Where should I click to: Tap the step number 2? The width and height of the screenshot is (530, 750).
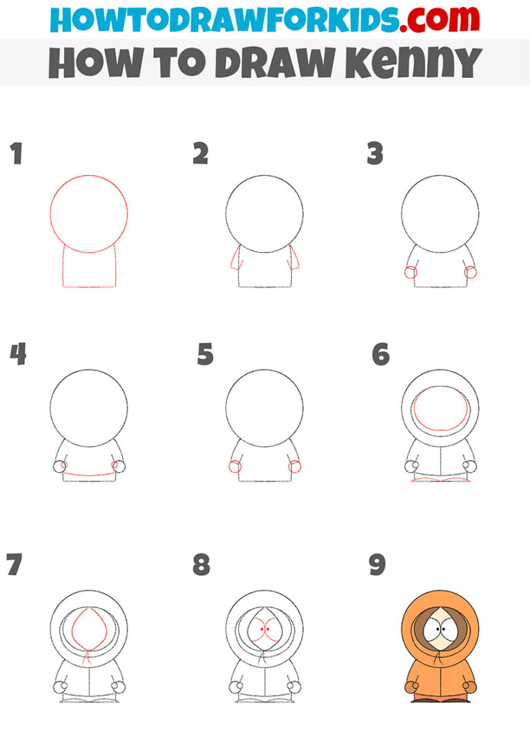tap(200, 154)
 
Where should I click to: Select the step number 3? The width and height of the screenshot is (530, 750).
tap(375, 154)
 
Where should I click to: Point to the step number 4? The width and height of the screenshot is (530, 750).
tap(18, 355)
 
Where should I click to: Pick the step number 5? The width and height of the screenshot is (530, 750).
tap(205, 355)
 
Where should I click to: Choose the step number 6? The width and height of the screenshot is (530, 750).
tap(380, 355)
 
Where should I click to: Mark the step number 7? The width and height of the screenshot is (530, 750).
tap(14, 564)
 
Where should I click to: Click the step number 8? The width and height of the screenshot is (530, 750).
tap(201, 564)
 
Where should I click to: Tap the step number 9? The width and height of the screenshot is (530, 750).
tap(377, 564)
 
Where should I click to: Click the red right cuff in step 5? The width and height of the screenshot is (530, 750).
tap(295, 466)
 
